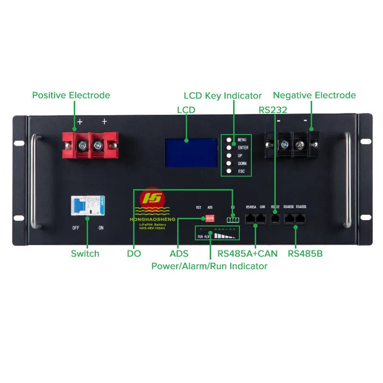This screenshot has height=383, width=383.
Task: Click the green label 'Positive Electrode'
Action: pyautogui.click(x=71, y=95)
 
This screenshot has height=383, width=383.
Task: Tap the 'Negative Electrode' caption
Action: pyautogui.click(x=314, y=95)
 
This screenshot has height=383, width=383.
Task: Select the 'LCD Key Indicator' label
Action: pyautogui.click(x=223, y=96)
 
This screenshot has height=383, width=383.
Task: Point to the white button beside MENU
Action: pyautogui.click(x=229, y=140)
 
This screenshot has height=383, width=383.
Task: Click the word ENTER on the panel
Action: pyautogui.click(x=243, y=148)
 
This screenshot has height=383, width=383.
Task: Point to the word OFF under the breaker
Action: pyautogui.click(x=76, y=228)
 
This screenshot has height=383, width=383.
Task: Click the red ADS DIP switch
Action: pyautogui.click(x=209, y=218)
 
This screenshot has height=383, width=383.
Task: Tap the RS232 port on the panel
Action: pyautogui.click(x=275, y=218)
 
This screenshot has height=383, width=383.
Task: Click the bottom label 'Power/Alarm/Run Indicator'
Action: pyautogui.click(x=209, y=266)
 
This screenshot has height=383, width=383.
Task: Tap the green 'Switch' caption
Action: pyautogui.click(x=85, y=254)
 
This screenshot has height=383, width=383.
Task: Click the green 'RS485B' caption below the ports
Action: pyautogui.click(x=305, y=254)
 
